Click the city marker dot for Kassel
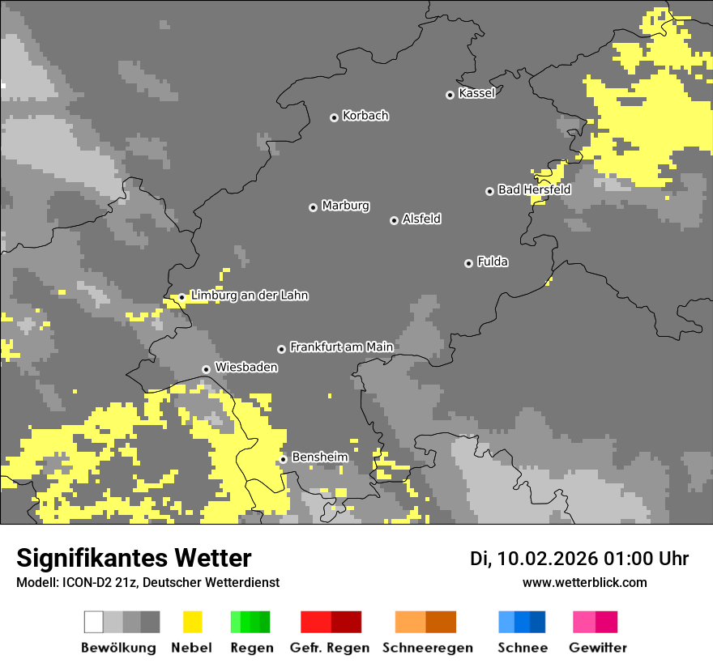(x=450, y=95)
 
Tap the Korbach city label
(x=365, y=116)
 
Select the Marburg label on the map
(x=345, y=206)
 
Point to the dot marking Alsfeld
(x=394, y=220)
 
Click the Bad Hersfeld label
(x=534, y=190)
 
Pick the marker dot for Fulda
(x=468, y=263)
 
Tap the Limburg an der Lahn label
(x=249, y=296)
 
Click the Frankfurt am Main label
(x=341, y=347)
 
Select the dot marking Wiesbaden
(x=206, y=369)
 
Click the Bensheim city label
(x=319, y=457)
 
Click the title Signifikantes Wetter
(x=134, y=558)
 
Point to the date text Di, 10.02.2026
(x=533, y=559)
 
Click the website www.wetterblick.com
(x=584, y=583)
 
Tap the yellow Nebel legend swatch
(x=192, y=622)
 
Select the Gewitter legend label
(x=597, y=648)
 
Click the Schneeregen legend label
(x=428, y=648)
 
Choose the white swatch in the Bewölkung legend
(x=94, y=622)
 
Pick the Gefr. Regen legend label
(x=330, y=648)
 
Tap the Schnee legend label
(x=522, y=648)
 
